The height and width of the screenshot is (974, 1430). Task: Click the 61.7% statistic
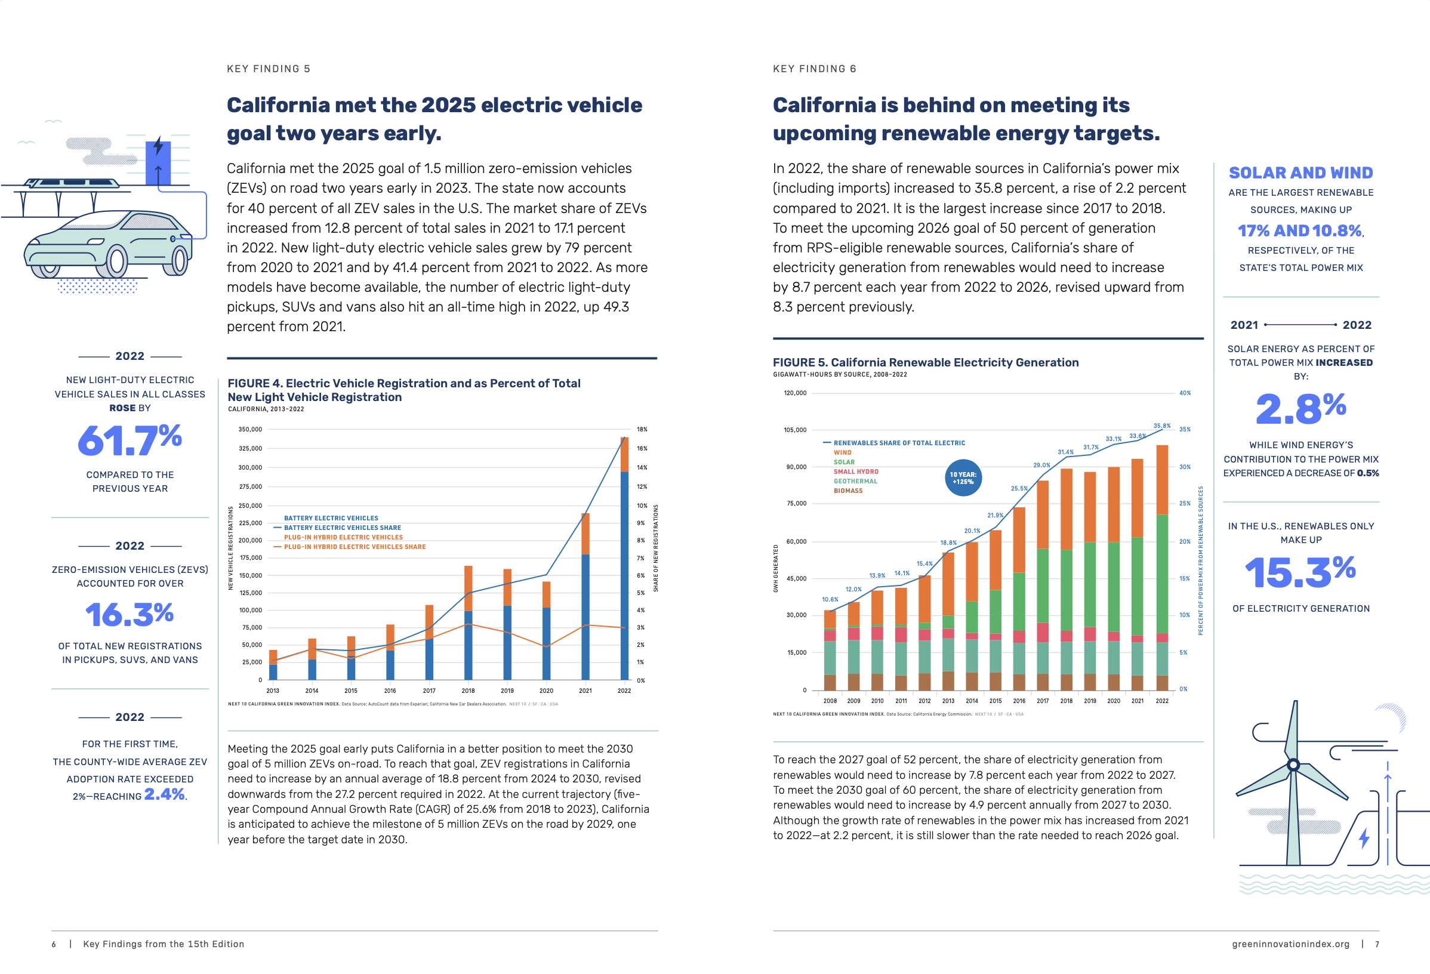click(x=130, y=440)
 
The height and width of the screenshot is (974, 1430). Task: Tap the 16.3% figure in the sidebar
click(x=130, y=615)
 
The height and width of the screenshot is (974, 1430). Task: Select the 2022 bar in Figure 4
click(x=624, y=559)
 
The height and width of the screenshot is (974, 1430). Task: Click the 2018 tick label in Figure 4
click(x=469, y=691)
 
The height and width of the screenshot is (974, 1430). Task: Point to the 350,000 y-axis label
click(x=250, y=430)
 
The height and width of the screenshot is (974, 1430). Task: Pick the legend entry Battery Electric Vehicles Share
click(x=342, y=528)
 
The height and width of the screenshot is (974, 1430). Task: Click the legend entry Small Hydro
click(x=856, y=472)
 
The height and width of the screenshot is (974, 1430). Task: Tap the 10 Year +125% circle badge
click(x=963, y=478)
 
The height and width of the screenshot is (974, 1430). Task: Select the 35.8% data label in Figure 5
click(x=1161, y=426)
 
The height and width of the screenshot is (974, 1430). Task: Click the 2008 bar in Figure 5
click(x=830, y=651)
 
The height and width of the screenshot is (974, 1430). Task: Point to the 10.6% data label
click(x=830, y=599)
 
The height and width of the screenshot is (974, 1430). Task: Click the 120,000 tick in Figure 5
click(x=795, y=393)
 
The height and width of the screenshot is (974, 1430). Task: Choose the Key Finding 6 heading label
click(x=815, y=69)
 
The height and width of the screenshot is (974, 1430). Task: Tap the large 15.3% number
click(x=1300, y=572)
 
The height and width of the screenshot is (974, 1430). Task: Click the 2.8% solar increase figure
click(x=1300, y=409)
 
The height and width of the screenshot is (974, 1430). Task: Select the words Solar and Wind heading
click(x=1300, y=173)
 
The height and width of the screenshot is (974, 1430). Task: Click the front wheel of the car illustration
click(x=116, y=260)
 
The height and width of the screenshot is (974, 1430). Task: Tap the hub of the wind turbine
click(x=1293, y=765)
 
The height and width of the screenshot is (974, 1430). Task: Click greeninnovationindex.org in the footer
click(x=1290, y=944)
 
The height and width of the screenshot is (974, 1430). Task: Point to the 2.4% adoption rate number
click(x=164, y=794)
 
